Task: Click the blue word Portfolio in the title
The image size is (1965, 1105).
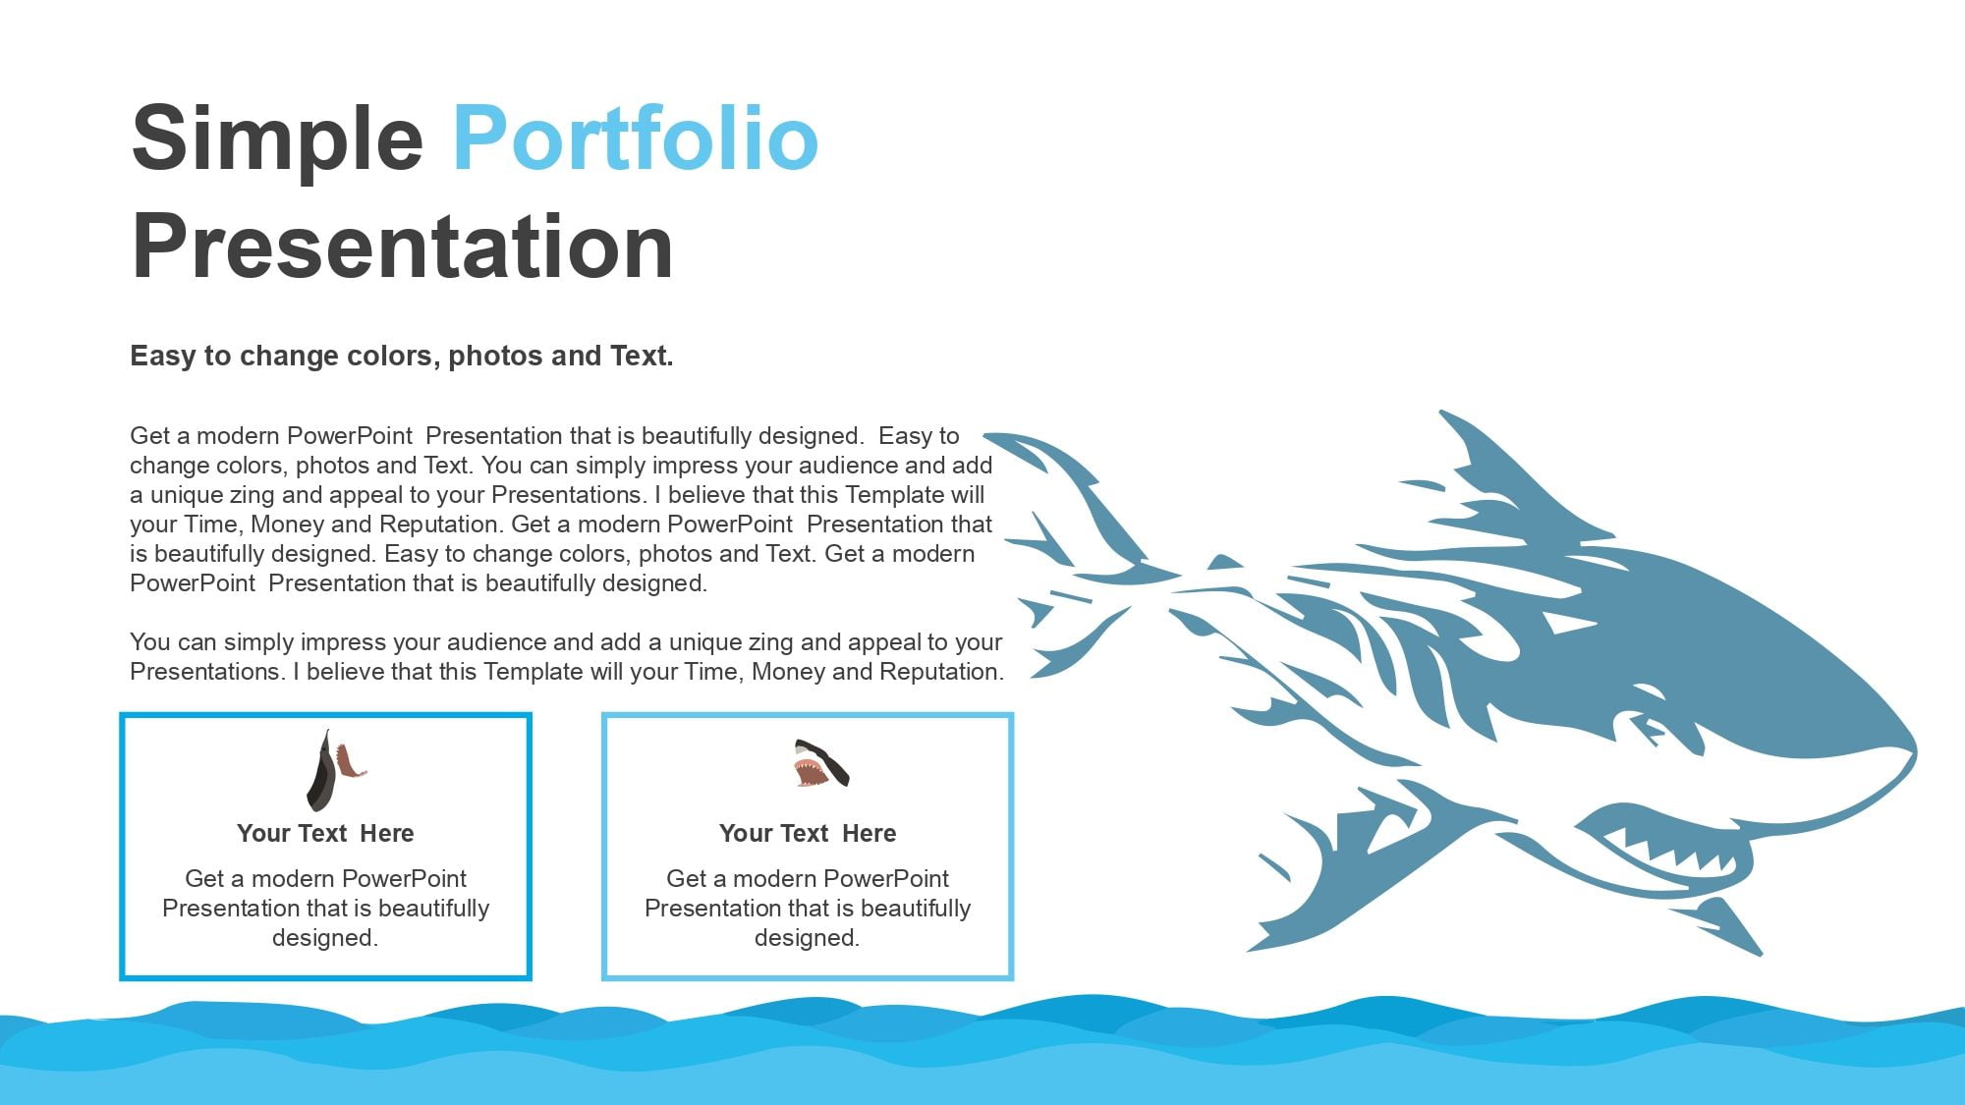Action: (x=636, y=139)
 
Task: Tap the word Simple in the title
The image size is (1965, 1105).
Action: (x=277, y=139)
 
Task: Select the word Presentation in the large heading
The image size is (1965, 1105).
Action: (x=402, y=247)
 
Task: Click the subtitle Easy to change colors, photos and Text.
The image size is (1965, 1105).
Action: (x=402, y=356)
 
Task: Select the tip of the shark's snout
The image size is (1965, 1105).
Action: (x=1914, y=751)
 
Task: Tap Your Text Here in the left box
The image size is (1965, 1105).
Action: (x=325, y=833)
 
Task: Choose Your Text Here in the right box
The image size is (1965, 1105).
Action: (x=808, y=833)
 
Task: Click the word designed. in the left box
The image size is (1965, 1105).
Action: (x=325, y=938)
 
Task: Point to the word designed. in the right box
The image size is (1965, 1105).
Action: (x=808, y=938)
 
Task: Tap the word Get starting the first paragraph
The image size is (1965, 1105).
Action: (x=149, y=436)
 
